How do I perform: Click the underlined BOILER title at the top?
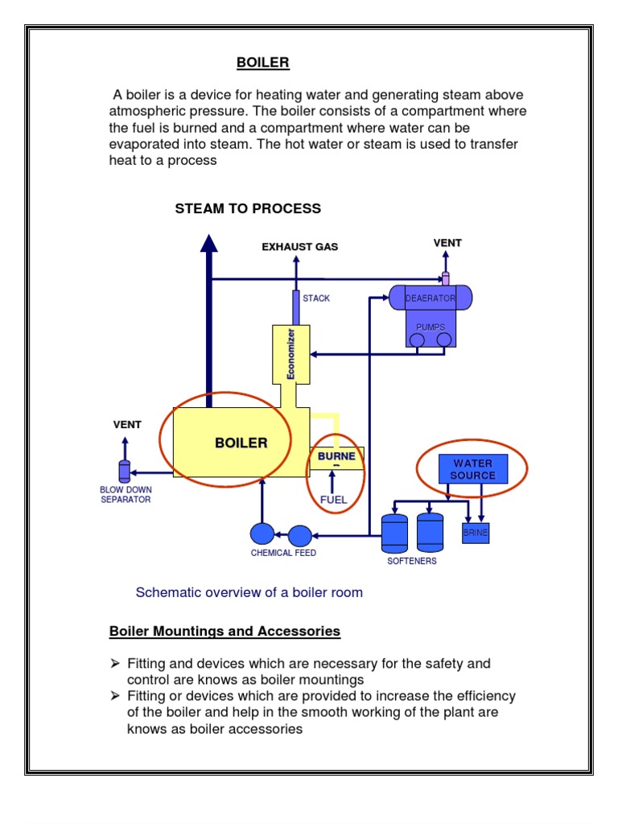(262, 62)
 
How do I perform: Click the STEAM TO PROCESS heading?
(248, 208)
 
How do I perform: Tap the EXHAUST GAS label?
(299, 247)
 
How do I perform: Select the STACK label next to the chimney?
(316, 299)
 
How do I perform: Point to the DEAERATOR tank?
(430, 299)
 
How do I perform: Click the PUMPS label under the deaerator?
(431, 328)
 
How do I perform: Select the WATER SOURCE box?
(472, 469)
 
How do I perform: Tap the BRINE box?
(475, 534)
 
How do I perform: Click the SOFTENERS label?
(411, 561)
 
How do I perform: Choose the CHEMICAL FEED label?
(283, 553)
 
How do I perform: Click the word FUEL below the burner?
(333, 500)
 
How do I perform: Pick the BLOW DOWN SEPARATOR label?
(126, 494)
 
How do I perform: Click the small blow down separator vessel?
(124, 472)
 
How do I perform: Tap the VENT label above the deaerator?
(447, 243)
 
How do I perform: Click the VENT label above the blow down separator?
(127, 424)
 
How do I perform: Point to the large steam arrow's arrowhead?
(209, 244)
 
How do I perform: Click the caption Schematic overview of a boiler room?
(249, 593)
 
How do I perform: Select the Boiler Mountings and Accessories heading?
(225, 632)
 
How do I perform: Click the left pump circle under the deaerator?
(417, 340)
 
